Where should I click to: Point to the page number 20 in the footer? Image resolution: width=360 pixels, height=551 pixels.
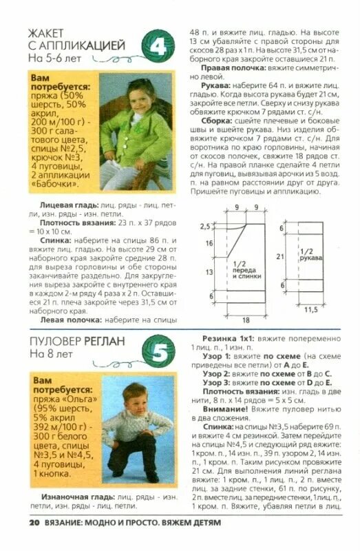(x=34, y=522)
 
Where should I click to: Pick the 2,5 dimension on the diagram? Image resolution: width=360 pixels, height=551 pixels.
(x=204, y=226)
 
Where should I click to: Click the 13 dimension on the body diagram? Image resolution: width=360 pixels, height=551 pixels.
(x=209, y=272)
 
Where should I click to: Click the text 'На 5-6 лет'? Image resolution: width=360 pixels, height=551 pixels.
(x=54, y=59)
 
